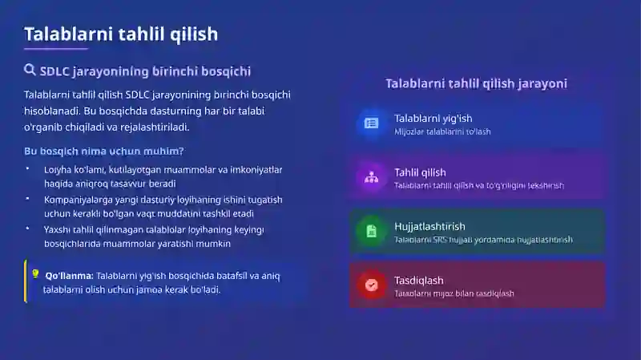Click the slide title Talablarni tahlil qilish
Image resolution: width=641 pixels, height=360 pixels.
point(120,34)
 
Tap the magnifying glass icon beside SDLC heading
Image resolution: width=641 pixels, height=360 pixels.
point(30,71)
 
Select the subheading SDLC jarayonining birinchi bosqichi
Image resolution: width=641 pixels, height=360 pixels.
point(145,71)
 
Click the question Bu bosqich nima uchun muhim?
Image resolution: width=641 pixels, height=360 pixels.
point(103,151)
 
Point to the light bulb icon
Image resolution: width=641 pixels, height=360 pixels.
point(35,273)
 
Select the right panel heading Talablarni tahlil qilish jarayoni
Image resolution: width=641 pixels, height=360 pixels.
point(476,83)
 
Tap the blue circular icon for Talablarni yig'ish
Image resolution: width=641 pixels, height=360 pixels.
point(371,123)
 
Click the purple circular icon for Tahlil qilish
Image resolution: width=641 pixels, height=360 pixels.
point(371,177)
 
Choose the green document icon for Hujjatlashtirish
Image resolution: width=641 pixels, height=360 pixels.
point(371,231)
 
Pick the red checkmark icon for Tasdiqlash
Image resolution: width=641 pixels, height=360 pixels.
point(371,285)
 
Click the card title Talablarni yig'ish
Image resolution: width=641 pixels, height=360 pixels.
point(433,118)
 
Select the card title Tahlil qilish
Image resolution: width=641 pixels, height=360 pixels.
point(420,172)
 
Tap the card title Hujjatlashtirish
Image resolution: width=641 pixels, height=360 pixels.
point(429,226)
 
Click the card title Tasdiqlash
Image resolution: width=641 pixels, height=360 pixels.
point(418,280)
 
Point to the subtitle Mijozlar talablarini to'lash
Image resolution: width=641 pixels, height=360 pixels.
point(442,131)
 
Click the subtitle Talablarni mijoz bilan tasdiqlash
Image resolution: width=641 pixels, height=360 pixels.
point(454,293)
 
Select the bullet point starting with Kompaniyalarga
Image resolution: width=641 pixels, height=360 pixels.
point(152,206)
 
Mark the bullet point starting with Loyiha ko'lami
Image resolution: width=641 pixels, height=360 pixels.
point(152,176)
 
